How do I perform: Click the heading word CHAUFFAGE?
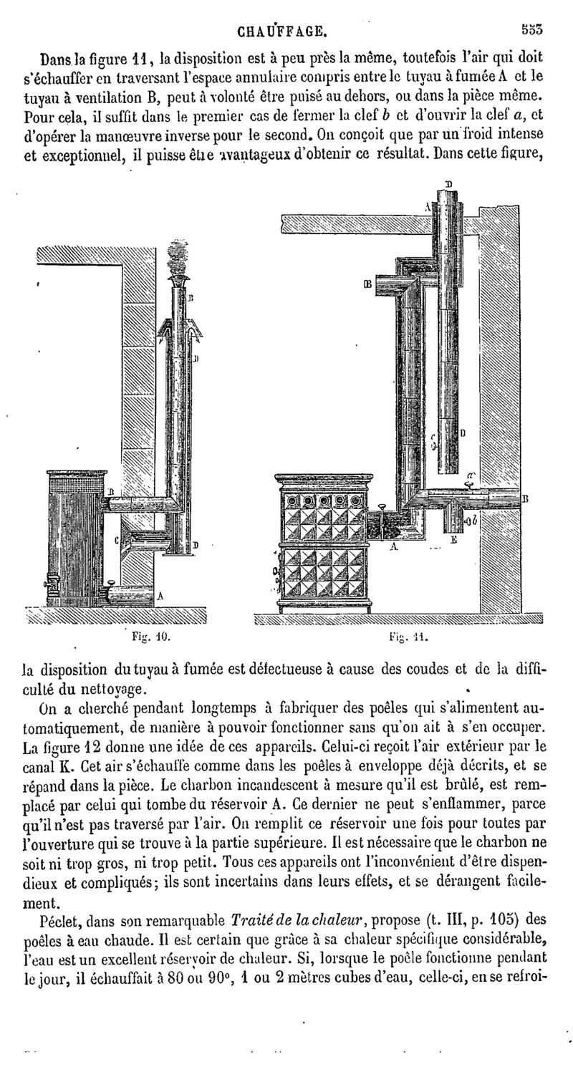pyautogui.click(x=283, y=32)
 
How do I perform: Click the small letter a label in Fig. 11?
pyautogui.click(x=471, y=475)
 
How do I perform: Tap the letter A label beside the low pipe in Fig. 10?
pyautogui.click(x=160, y=595)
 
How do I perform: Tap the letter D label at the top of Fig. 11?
pyautogui.click(x=449, y=184)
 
